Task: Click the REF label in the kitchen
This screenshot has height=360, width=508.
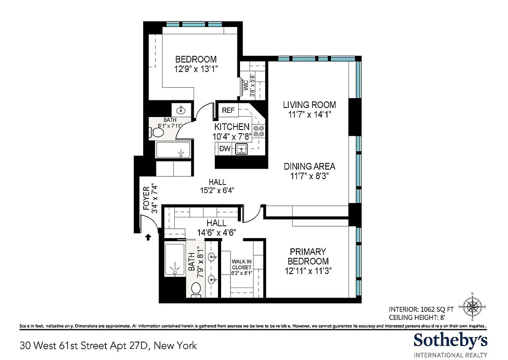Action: coord(229,110)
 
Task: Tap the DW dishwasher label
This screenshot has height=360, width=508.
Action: coord(225,148)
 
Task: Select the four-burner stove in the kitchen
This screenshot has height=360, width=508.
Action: coord(259,131)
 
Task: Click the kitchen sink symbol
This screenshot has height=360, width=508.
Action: coord(242,148)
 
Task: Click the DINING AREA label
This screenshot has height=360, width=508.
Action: coord(309,166)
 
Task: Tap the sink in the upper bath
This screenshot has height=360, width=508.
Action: coord(181,110)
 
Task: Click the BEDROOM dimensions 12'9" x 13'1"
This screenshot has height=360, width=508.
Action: coord(195,69)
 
